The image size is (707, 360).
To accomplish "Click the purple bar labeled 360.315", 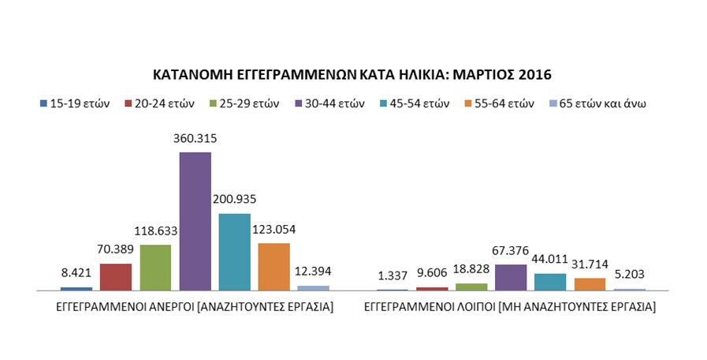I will point(195,221).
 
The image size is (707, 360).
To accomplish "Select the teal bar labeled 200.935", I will point(234,252).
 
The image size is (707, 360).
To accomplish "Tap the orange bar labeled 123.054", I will point(273,267).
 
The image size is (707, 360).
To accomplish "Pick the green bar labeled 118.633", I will point(155,268).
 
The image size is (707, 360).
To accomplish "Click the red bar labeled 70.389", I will point(116,277).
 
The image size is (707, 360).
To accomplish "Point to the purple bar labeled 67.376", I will point(511,277).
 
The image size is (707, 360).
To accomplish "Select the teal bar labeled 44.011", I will point(550,282).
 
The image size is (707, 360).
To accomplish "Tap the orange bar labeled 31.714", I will point(590,284).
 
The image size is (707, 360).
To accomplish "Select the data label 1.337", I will point(392,276).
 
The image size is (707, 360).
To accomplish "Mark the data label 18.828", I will point(471,271).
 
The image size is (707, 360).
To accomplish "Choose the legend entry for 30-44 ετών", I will point(329,103).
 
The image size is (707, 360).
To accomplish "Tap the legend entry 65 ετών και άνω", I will point(600,103).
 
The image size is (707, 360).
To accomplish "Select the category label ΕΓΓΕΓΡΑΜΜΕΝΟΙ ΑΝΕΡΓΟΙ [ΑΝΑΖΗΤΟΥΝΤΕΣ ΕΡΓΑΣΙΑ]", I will point(195,306).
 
